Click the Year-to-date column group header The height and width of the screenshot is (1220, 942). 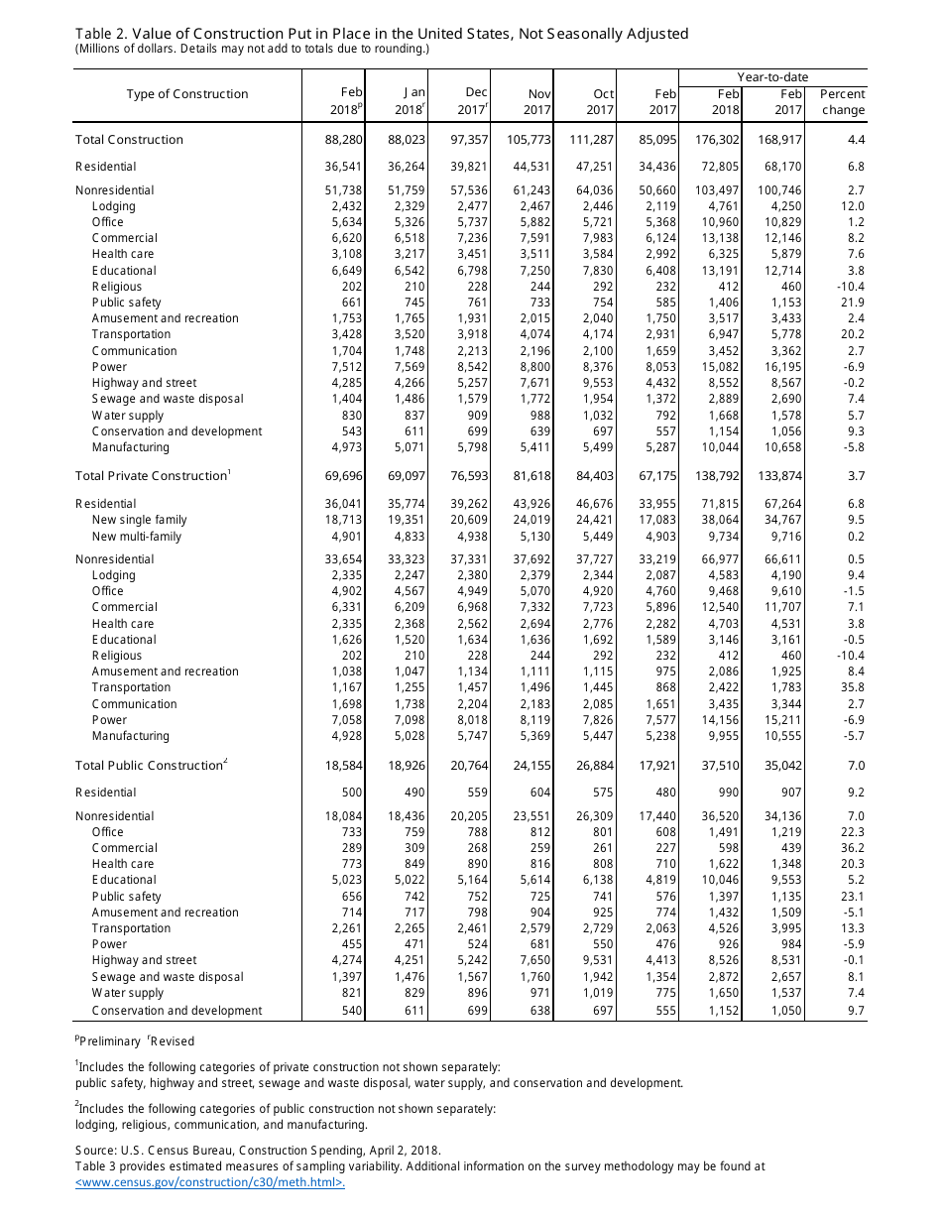coord(772,76)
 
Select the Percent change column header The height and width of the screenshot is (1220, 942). coord(842,101)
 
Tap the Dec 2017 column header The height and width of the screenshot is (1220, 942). coord(476,101)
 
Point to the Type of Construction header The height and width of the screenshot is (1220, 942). coord(187,94)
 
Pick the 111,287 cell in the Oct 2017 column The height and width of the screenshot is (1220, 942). coord(592,140)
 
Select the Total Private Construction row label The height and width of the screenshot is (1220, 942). coord(151,476)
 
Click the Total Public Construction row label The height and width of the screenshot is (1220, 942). coord(148,766)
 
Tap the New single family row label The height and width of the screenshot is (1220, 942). coord(139,520)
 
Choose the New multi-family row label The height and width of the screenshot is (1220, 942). coord(137,537)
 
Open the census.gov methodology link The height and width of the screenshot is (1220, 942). coord(210,1182)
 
